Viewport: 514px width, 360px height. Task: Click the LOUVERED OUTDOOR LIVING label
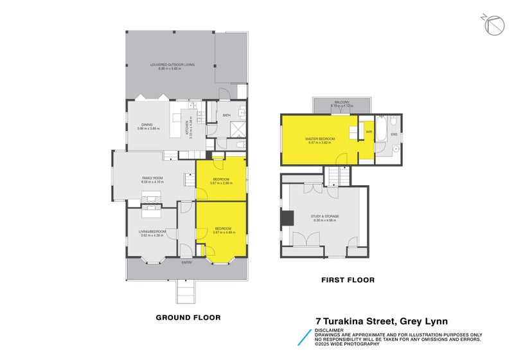click(172, 65)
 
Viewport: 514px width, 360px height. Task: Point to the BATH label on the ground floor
click(226, 116)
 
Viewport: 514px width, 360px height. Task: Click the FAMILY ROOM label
click(153, 179)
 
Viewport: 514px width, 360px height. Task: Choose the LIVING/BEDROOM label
click(153, 231)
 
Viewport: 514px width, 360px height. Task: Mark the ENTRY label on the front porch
click(186, 262)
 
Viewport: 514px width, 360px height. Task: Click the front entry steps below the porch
click(186, 292)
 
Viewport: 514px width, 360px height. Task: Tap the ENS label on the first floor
click(394, 134)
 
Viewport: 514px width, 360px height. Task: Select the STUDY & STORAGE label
click(324, 217)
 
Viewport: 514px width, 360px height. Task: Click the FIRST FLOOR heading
click(348, 280)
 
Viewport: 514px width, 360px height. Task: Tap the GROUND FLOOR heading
click(188, 318)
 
